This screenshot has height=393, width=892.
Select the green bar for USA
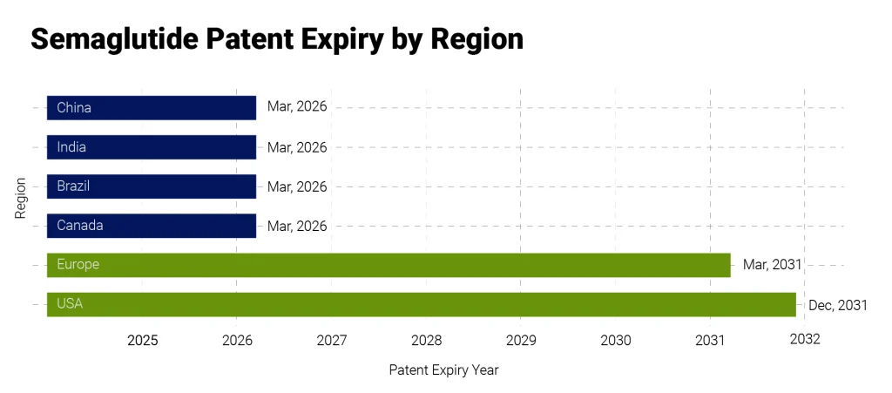[x=421, y=304]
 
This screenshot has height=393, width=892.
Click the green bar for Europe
[x=389, y=265]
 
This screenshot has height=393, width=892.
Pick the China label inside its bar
[x=74, y=108]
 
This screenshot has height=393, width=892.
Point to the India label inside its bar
[x=71, y=147]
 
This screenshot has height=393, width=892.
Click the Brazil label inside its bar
[x=73, y=186]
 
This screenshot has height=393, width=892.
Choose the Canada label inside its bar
[x=80, y=225]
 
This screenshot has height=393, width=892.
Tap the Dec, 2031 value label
[x=837, y=305]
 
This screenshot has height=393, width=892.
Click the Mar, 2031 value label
[x=772, y=265]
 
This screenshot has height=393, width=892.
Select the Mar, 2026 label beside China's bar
[x=297, y=108]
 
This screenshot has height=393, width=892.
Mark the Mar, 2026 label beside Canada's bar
[x=297, y=226]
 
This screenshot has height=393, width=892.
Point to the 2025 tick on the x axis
[x=143, y=340]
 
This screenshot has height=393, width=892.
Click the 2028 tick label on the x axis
[x=426, y=340]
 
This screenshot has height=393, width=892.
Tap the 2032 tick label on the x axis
[x=805, y=340]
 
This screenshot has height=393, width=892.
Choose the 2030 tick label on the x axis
[x=616, y=340]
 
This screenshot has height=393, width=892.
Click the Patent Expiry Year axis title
[x=443, y=370]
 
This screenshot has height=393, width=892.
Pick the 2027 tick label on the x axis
[x=332, y=340]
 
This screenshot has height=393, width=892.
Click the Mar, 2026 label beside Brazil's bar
[x=297, y=186]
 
